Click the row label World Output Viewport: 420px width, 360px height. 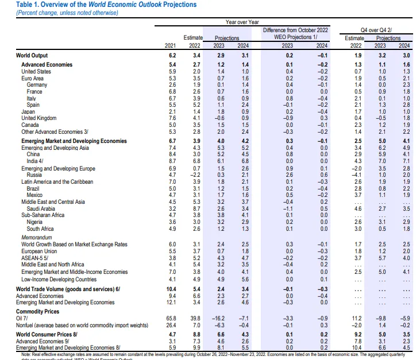(x=32, y=55)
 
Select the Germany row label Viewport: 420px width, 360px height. (x=37, y=85)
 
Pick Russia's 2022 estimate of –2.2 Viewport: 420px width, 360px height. (x=196, y=175)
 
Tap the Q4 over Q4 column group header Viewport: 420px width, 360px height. (x=379, y=29)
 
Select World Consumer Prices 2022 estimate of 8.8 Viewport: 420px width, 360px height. (x=196, y=334)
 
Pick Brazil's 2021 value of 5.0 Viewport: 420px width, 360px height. (x=171, y=188)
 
